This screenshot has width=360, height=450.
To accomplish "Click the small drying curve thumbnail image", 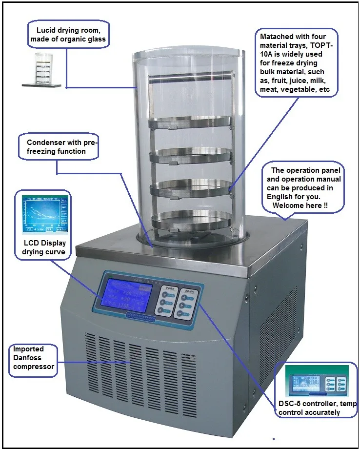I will [x=44, y=215].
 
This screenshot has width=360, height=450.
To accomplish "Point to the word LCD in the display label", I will [x=31, y=243].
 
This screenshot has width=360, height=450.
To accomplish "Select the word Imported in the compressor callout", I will [x=28, y=349].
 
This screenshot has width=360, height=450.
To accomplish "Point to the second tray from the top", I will [x=189, y=155].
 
